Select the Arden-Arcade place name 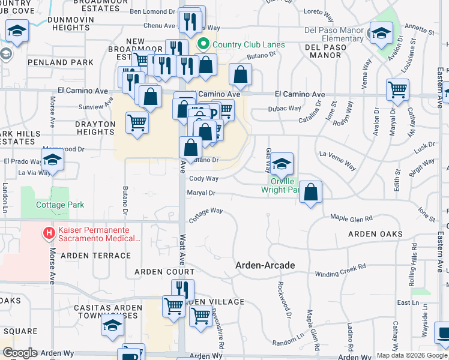coord(265,265)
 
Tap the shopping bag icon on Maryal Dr coord(311,192)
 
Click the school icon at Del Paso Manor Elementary coord(381,33)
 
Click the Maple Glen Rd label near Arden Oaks coord(351,218)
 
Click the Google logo coord(20,353)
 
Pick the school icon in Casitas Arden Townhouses coord(112,326)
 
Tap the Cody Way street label coord(204,179)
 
